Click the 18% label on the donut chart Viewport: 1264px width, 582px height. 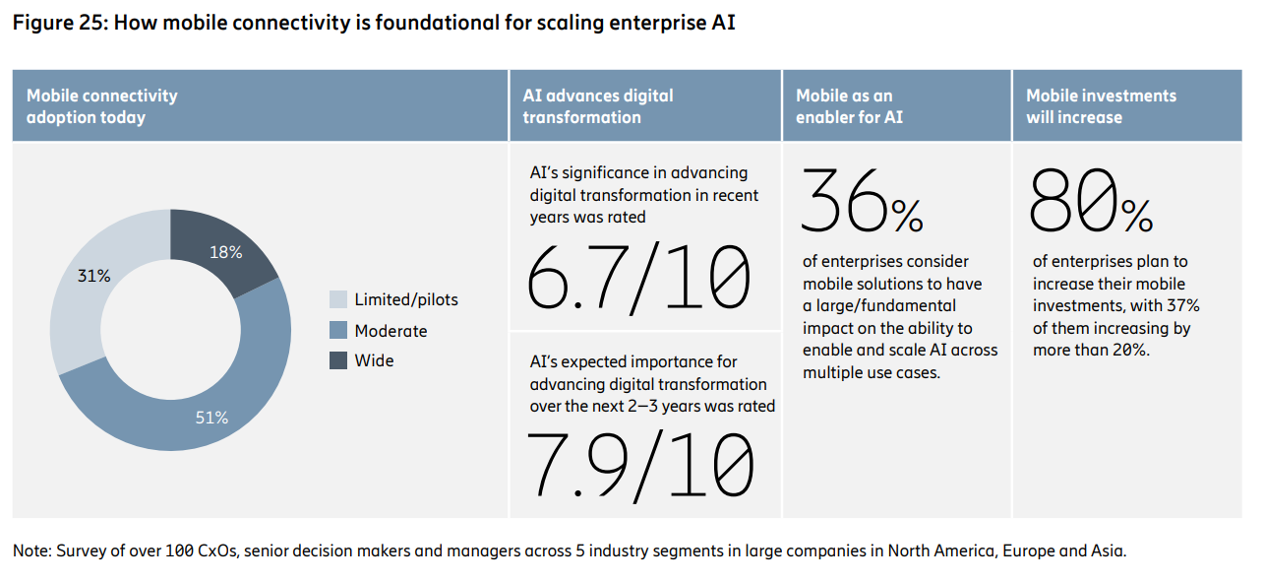click(225, 252)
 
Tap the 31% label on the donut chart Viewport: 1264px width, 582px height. click(93, 276)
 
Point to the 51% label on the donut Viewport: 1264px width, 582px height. click(211, 418)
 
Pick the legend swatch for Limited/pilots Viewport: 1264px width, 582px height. click(338, 299)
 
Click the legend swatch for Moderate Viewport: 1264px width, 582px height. click(338, 330)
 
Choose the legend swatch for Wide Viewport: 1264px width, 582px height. click(338, 360)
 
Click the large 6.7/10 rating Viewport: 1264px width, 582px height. click(638, 278)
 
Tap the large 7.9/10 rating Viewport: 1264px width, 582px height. click(640, 466)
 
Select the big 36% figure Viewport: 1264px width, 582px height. click(863, 200)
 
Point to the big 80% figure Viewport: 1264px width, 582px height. click(1091, 200)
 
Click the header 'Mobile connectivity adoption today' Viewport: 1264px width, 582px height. click(102, 106)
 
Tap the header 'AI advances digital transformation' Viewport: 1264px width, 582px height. click(598, 106)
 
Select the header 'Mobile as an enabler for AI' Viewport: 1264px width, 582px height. click(849, 106)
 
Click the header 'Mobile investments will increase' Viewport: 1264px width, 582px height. click(1101, 106)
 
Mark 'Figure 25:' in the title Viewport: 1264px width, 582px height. click(60, 23)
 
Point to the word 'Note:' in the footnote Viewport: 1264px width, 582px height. click(32, 550)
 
